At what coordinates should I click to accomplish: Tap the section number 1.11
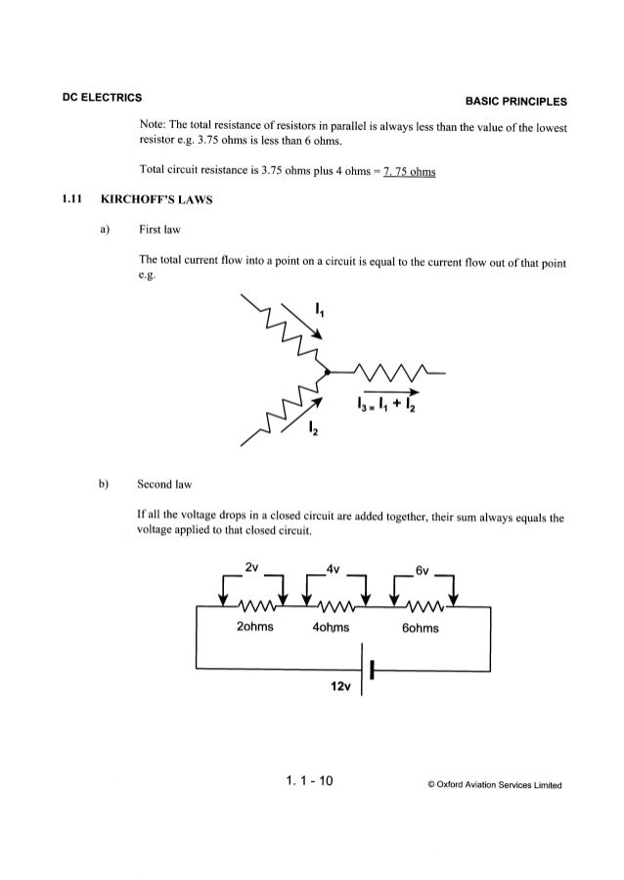pyautogui.click(x=69, y=202)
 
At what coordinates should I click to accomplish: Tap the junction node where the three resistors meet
pyautogui.click(x=325, y=373)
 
